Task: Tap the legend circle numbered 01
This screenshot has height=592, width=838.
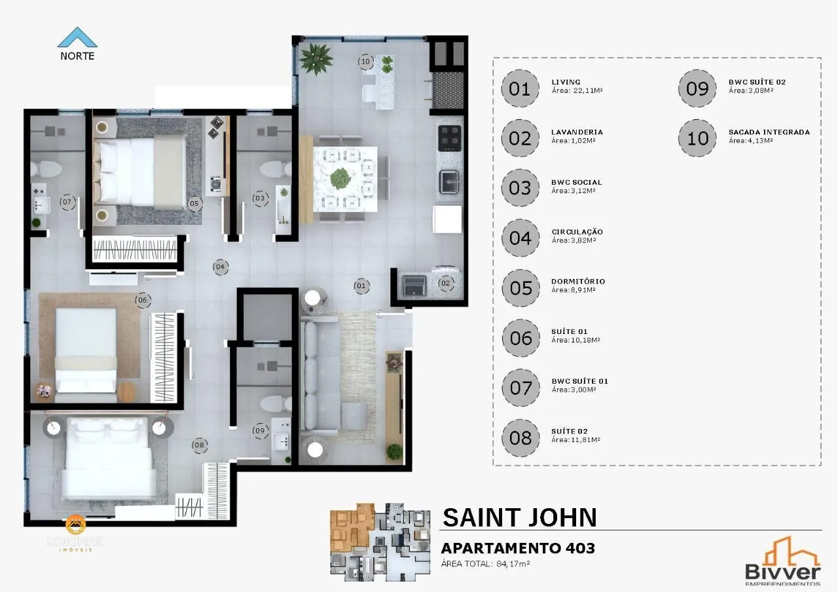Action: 519,88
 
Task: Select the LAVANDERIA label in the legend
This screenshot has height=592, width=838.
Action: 577,132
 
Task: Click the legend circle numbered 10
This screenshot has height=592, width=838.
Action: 698,138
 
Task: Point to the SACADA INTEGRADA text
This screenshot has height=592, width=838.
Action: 769,132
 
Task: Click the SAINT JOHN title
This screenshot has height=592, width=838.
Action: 520,517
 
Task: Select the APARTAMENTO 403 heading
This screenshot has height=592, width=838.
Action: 518,548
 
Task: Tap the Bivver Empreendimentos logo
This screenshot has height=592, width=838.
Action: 783,563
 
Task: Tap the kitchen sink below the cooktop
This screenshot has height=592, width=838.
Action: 449,181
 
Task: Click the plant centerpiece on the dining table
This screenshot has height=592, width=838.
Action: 340,177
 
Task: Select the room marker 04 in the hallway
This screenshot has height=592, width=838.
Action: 220,267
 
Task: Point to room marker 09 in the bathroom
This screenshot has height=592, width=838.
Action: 261,430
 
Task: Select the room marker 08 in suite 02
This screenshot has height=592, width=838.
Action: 200,445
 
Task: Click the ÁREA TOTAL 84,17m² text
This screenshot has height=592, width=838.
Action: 485,563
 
